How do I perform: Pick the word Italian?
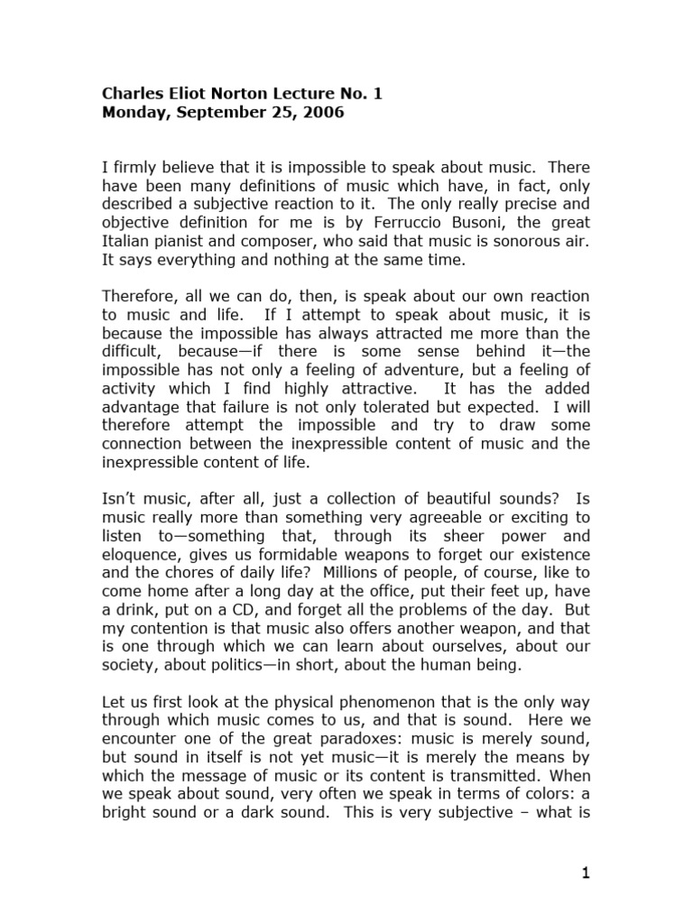(125, 241)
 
